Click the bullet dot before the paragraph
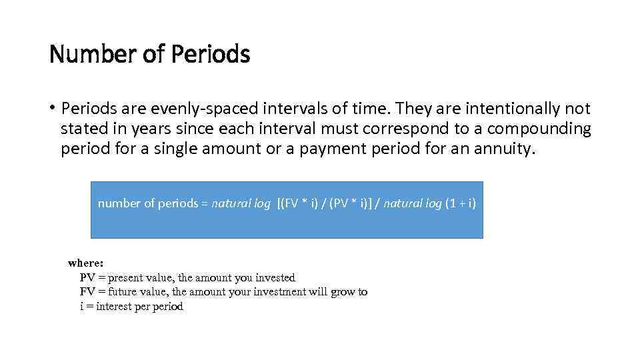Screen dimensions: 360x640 53,109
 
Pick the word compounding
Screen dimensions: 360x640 535,129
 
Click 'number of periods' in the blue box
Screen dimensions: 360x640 147,203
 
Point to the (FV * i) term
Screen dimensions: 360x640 299,203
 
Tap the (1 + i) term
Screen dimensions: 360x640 461,203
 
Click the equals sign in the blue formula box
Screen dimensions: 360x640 205,203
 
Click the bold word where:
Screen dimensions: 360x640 85,263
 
